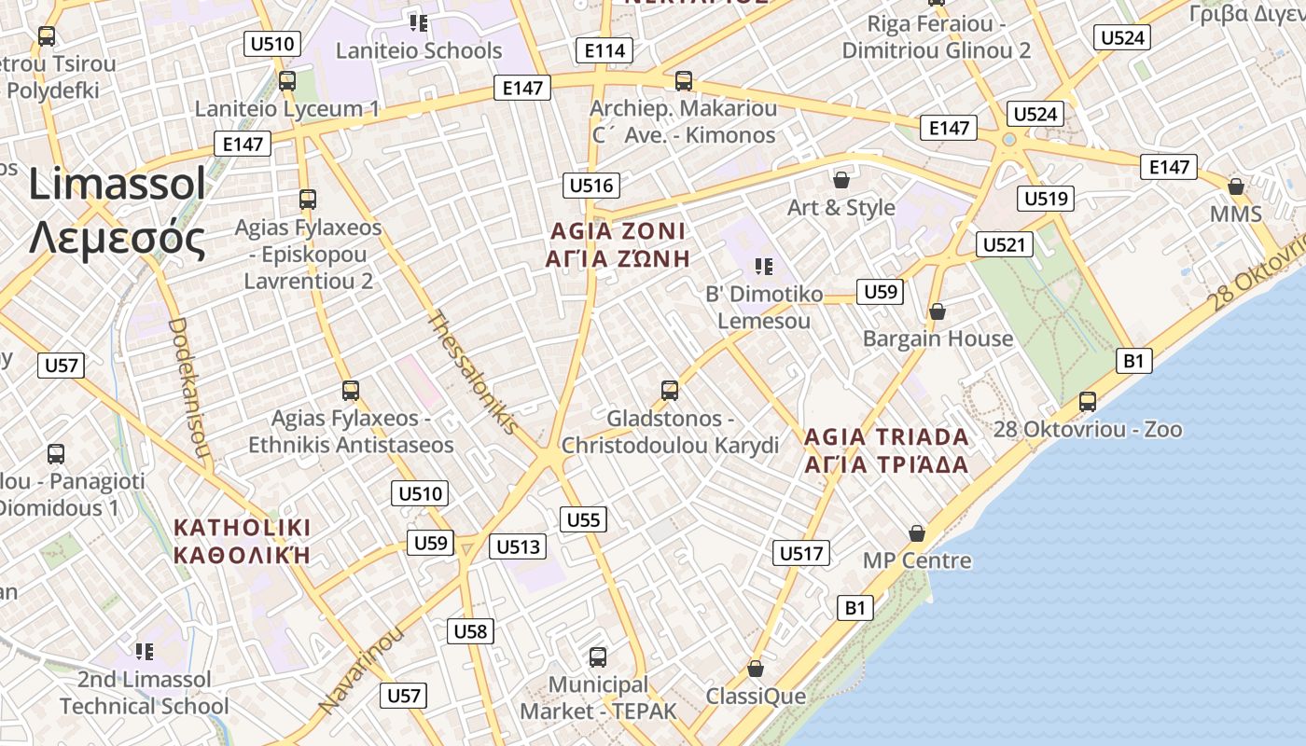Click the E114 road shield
604,50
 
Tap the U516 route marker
591,186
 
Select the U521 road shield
1005,245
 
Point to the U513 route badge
518,546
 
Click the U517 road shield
801,553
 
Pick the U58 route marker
470,631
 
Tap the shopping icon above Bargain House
938,311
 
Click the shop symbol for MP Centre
917,533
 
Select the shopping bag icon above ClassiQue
756,669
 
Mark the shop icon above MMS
1236,186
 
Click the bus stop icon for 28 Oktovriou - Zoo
1088,402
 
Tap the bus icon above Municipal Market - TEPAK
598,657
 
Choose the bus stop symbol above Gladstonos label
669,391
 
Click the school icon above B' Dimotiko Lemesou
764,267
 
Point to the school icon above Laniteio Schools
418,21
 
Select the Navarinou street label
361,670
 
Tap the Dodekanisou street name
188,392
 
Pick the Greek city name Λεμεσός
117,239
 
